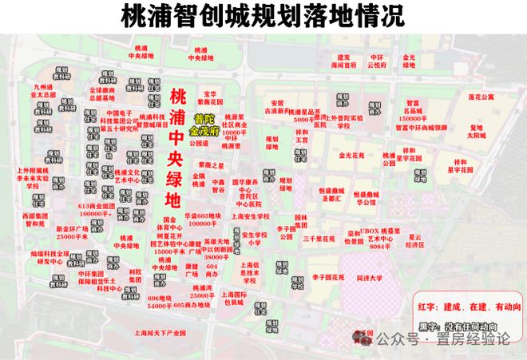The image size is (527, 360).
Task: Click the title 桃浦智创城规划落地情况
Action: [x=263, y=17]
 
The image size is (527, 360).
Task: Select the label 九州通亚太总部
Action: [x=42, y=89]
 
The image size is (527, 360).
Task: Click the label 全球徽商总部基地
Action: [x=102, y=94]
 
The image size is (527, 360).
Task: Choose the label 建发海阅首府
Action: [x=343, y=61]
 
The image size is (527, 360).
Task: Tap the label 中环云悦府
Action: [x=377, y=61]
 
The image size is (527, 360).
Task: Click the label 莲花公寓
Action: [x=481, y=97]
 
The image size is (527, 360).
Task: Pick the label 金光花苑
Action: [x=351, y=156]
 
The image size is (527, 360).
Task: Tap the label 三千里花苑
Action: [x=318, y=239]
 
